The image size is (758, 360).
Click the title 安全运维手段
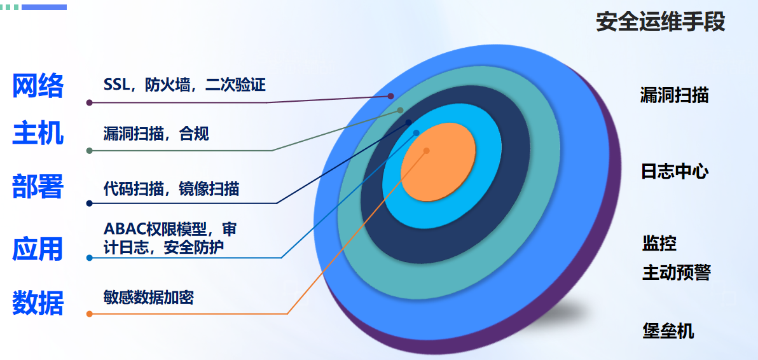tap(660, 22)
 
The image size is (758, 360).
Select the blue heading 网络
tap(38, 86)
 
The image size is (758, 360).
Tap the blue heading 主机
tap(38, 134)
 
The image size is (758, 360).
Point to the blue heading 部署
tap(38, 187)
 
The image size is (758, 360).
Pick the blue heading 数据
tap(38, 303)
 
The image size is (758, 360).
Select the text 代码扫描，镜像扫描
tap(171, 189)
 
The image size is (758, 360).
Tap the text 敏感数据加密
tap(148, 297)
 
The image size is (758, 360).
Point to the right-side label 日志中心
tap(674, 172)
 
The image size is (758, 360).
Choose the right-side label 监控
tap(659, 243)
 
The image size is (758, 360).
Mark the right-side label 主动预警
tap(676, 273)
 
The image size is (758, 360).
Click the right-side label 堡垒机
tap(668, 331)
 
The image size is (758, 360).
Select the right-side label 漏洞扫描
tap(674, 95)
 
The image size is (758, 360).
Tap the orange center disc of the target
tap(439, 156)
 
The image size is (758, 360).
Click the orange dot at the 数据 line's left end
tap(90, 314)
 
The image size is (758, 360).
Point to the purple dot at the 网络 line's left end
tap(90, 102)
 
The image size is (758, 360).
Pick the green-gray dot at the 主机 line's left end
tap(90, 151)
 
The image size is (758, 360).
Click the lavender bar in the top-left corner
tap(44, 7)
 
